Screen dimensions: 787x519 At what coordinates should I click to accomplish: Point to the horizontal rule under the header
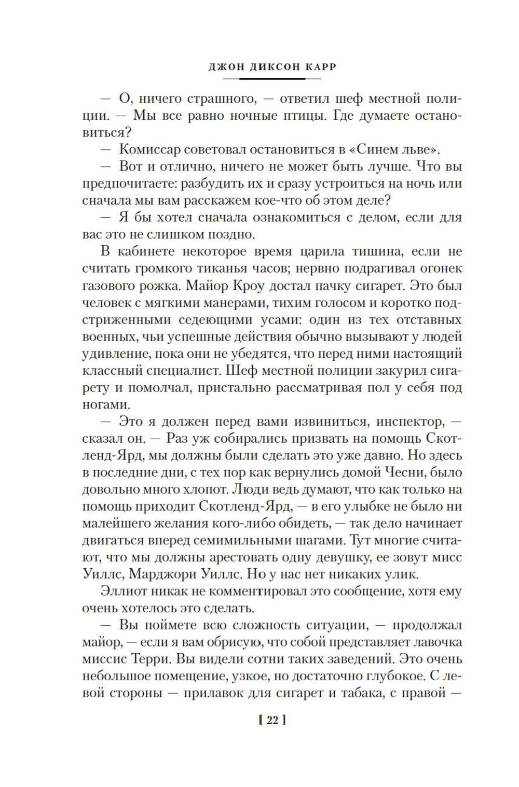[x=271, y=78]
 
